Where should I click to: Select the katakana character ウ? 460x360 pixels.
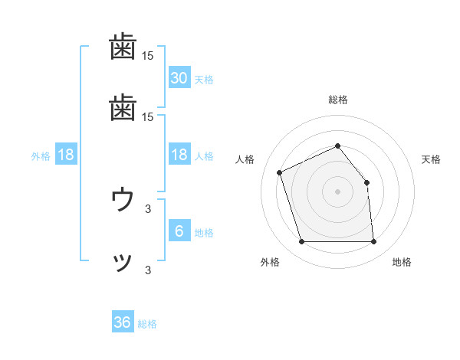(x=123, y=201)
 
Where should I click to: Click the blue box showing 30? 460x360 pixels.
(x=179, y=78)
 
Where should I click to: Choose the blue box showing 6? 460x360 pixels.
(x=179, y=232)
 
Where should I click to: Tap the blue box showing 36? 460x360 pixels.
(x=122, y=323)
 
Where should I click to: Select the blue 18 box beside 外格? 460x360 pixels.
(x=66, y=155)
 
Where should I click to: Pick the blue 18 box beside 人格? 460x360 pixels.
(x=179, y=155)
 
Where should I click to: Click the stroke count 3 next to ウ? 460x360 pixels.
(x=148, y=208)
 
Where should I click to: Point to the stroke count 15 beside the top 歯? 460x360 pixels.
(x=148, y=56)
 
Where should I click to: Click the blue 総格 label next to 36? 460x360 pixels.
(x=147, y=324)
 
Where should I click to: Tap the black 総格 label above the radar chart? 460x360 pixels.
(x=337, y=100)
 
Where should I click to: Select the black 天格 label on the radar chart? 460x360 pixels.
(x=431, y=159)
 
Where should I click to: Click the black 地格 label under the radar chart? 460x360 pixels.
(x=402, y=262)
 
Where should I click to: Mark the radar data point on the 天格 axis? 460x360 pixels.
(x=366, y=182)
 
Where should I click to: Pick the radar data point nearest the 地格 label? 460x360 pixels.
(x=373, y=242)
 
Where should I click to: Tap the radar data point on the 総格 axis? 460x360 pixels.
(x=337, y=145)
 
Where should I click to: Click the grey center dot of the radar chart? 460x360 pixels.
(x=337, y=191)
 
